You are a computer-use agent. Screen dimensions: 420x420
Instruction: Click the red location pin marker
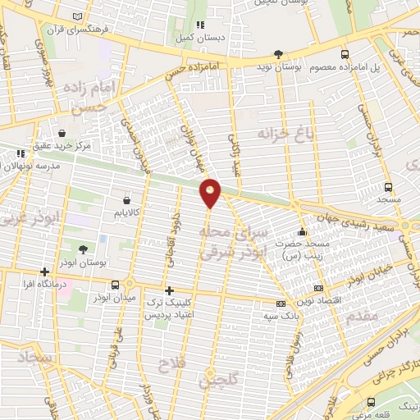211,194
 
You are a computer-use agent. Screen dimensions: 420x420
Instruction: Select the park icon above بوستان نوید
279,52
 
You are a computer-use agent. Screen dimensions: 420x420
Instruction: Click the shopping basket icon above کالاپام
126,199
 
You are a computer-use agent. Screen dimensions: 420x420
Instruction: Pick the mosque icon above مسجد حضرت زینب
303,232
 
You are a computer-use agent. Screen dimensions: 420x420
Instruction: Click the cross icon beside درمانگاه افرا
45,272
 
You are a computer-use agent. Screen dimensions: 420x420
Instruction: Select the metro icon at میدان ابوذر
129,284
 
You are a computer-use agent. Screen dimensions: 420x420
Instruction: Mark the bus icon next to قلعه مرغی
372,401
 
